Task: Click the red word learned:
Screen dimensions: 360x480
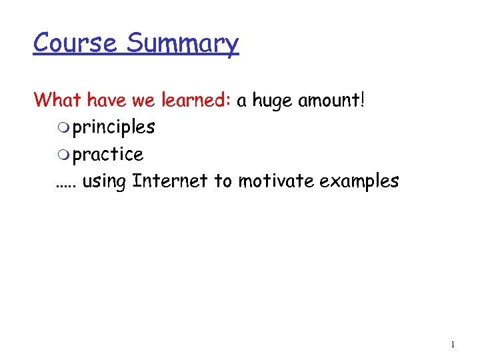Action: (197, 100)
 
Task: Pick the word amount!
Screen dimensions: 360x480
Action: (335, 100)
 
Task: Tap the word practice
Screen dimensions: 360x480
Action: (108, 155)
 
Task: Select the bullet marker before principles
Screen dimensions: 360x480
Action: (63, 127)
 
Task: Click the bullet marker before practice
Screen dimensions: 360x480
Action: (63, 155)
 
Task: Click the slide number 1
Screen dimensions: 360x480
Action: (453, 345)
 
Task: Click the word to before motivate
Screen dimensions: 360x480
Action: (223, 181)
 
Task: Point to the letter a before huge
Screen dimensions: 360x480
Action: (242, 101)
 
